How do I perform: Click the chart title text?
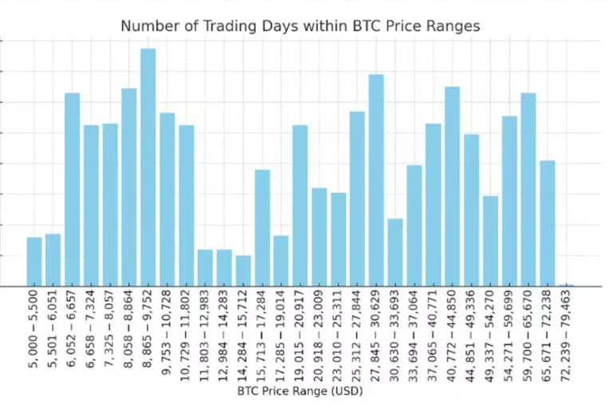(300, 26)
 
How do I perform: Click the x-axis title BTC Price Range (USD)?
(300, 392)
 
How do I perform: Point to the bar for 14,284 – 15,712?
(243, 271)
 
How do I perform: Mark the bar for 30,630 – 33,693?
(395, 252)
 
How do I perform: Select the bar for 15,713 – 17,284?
(263, 228)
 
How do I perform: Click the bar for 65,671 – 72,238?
(547, 223)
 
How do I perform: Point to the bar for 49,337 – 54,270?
(490, 240)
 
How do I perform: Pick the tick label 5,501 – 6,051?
(53, 331)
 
